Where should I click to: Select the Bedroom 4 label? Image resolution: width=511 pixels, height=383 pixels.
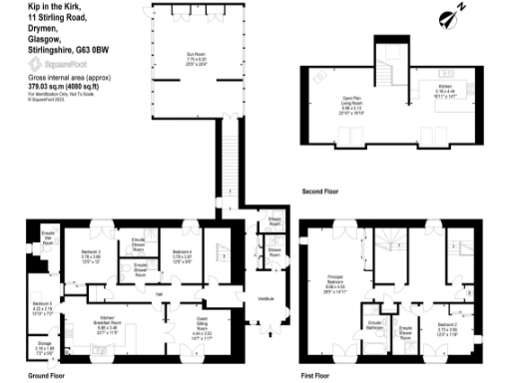pyautogui.click(x=182, y=254)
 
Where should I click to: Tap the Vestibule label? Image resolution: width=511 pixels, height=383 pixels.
pyautogui.click(x=266, y=299)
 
